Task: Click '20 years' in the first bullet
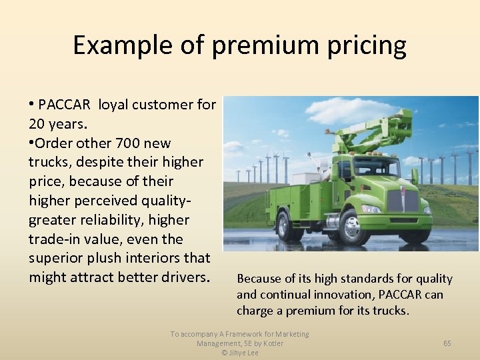click(58, 124)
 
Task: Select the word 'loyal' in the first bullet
click(114, 105)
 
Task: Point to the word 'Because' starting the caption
click(258, 279)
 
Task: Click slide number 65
click(447, 343)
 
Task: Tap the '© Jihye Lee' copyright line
click(239, 353)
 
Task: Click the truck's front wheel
click(354, 227)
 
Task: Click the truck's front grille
click(402, 201)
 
